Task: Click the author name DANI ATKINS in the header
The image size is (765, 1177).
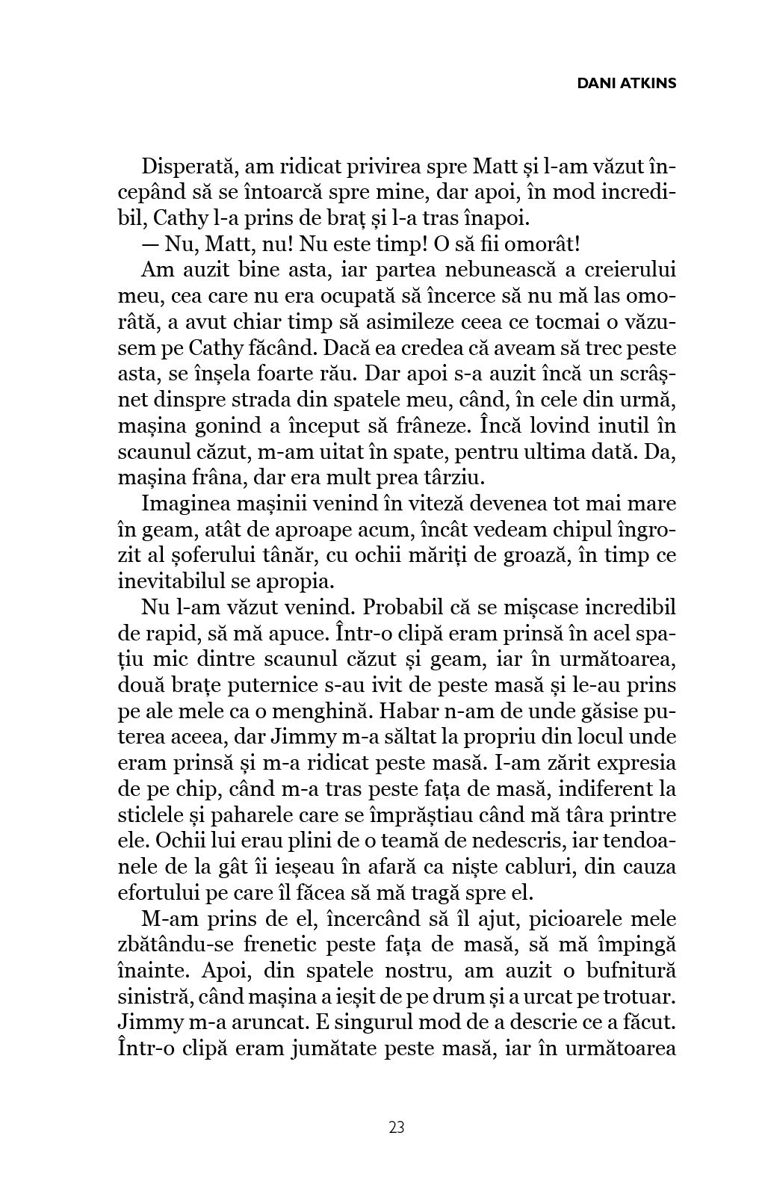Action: [x=627, y=83]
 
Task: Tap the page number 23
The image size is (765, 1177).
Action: [x=397, y=1128]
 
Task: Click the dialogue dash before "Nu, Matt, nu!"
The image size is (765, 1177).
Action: [x=150, y=244]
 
